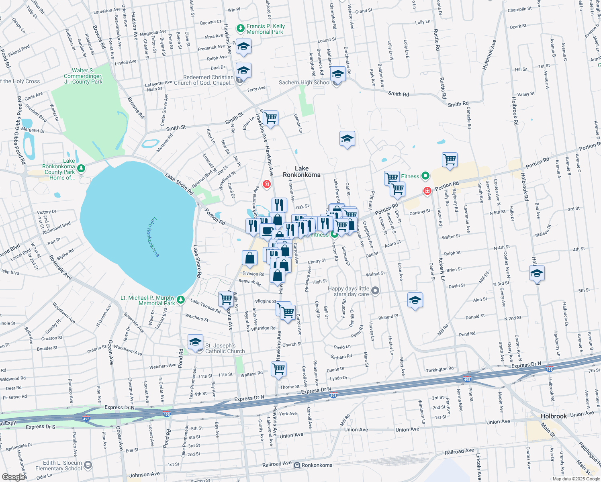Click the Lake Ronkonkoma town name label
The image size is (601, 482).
pyautogui.click(x=301, y=172)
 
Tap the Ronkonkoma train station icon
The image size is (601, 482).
pyautogui.click(x=297, y=465)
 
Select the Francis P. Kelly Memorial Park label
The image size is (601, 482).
pyautogui.click(x=265, y=29)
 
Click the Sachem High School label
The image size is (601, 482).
pyautogui.click(x=305, y=83)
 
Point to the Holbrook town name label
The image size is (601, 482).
pyautogui.click(x=553, y=416)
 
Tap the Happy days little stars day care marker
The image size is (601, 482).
pyautogui.click(x=375, y=290)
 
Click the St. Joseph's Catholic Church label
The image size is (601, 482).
pyautogui.click(x=225, y=348)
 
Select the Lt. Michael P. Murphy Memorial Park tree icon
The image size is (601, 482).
pyautogui.click(x=181, y=299)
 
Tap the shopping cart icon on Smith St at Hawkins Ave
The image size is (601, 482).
pyautogui.click(x=270, y=118)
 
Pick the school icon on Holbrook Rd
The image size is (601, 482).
pyautogui.click(x=537, y=274)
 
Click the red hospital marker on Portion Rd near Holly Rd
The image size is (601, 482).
pyautogui.click(x=427, y=191)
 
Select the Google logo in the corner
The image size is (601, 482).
pyautogui.click(x=13, y=477)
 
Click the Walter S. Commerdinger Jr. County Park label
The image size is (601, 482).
pyautogui.click(x=83, y=76)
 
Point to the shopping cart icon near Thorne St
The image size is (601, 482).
pyautogui.click(x=278, y=368)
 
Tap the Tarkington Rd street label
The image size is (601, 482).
pyautogui.click(x=440, y=369)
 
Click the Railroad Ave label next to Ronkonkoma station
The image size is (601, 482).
pyautogui.click(x=277, y=464)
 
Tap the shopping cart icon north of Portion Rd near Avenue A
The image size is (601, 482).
pyautogui.click(x=450, y=159)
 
